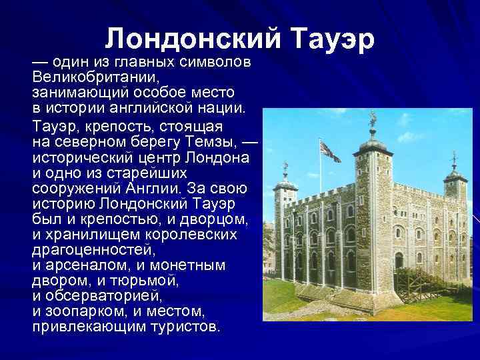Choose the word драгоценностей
tap(94, 251)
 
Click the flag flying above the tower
tap(329, 151)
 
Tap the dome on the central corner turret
tap(373, 143)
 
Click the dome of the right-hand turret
tap(455, 174)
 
